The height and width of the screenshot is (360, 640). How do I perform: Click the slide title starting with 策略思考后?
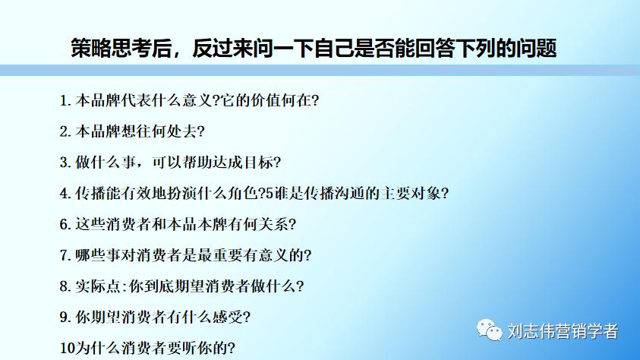point(314,48)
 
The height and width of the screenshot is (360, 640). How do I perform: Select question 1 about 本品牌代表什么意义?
point(189,100)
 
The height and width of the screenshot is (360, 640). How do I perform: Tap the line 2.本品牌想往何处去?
point(132,131)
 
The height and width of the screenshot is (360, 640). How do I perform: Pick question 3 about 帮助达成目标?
point(171,163)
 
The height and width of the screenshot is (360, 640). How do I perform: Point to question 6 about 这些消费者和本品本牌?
point(178,224)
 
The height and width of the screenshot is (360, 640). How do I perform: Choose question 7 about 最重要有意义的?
point(185,255)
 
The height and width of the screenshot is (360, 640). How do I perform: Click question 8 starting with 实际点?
point(182,286)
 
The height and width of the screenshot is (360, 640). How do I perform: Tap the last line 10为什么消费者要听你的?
point(147,348)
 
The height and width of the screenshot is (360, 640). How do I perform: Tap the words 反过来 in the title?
point(221,48)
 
